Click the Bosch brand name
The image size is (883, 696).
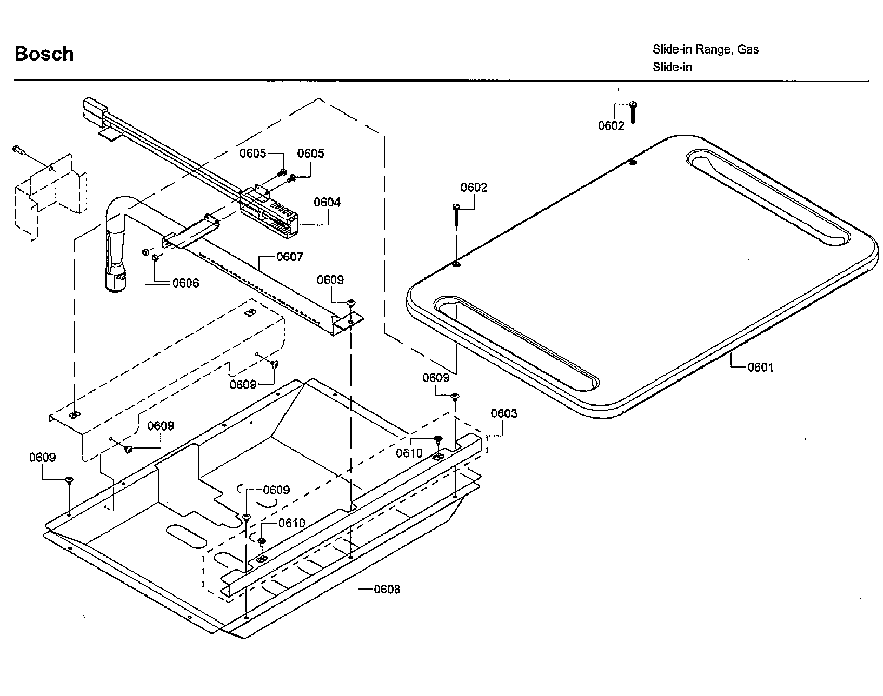(x=44, y=54)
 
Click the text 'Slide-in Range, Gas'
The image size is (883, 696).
(x=705, y=49)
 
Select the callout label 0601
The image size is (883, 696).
(x=760, y=368)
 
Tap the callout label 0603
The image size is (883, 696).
(x=504, y=414)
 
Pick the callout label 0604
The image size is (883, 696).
(x=327, y=202)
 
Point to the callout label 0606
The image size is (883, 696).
(x=186, y=283)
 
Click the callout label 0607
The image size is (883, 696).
(x=290, y=257)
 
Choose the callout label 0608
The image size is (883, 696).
(x=387, y=589)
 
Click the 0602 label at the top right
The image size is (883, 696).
(x=611, y=126)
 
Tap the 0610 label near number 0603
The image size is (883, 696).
(x=409, y=453)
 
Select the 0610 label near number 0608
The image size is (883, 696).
(x=292, y=523)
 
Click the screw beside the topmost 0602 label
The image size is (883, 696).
(x=633, y=112)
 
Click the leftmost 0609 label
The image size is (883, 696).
(x=42, y=458)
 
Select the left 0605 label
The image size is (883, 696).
(x=253, y=153)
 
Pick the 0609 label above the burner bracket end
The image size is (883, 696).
(x=330, y=280)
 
